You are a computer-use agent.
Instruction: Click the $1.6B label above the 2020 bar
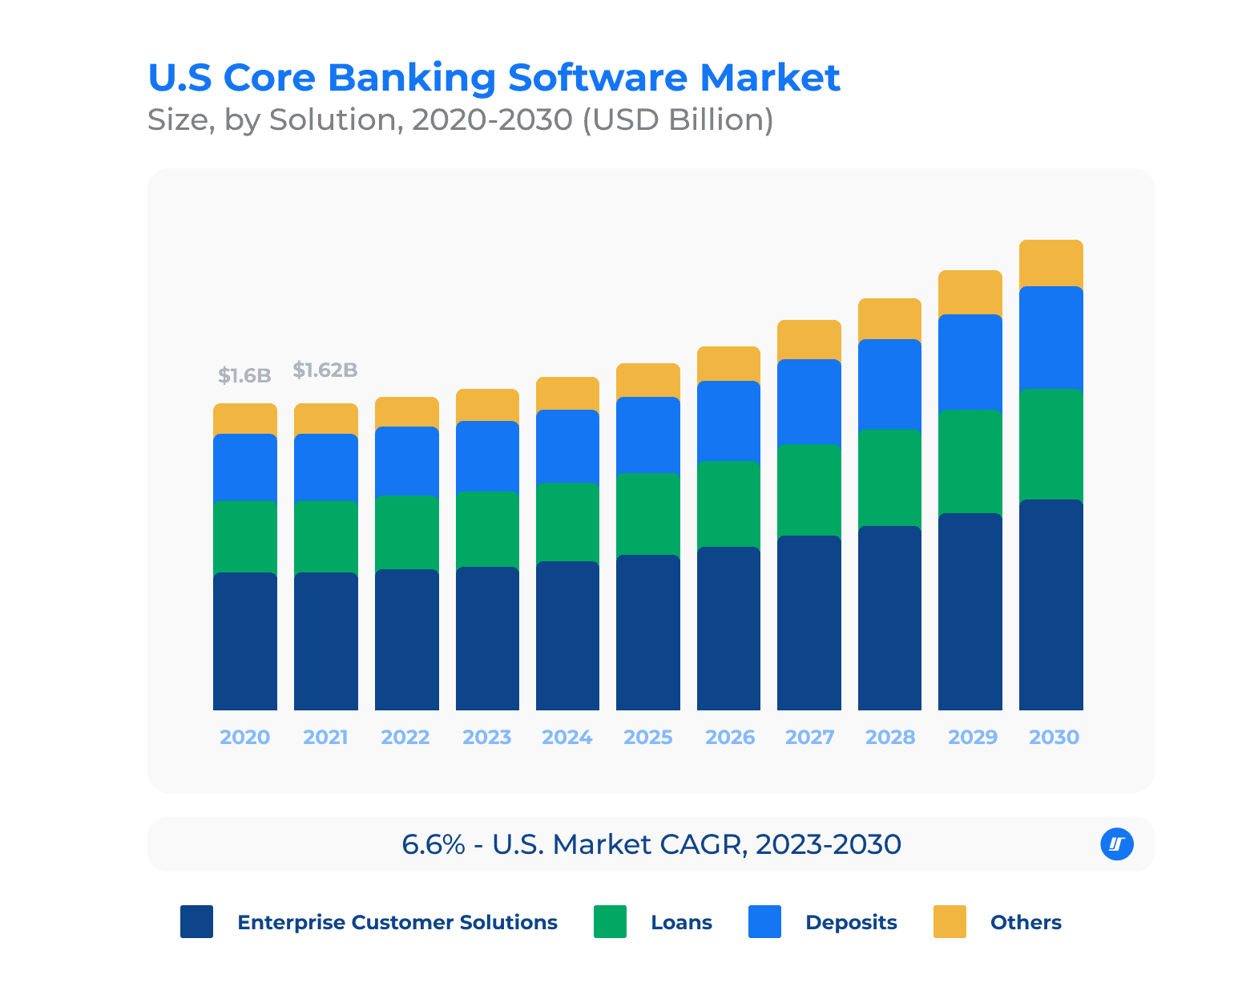click(x=244, y=375)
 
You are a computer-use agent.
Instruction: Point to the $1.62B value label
click(x=325, y=370)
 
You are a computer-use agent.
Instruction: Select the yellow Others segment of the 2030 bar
click(x=1050, y=263)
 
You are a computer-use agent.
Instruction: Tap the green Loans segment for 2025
click(x=647, y=514)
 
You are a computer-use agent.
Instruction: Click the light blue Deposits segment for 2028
click(x=889, y=384)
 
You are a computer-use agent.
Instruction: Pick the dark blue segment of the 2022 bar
click(x=406, y=640)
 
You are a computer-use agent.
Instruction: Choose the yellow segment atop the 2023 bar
click(x=487, y=405)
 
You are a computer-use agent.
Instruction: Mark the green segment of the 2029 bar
click(x=970, y=462)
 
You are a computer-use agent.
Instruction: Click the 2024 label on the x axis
click(x=567, y=737)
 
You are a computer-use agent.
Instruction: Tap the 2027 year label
click(x=809, y=737)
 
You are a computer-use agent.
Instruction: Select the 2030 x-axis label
click(x=1054, y=737)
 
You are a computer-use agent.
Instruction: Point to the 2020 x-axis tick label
click(x=244, y=737)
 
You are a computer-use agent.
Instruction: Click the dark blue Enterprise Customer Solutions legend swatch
click(x=196, y=921)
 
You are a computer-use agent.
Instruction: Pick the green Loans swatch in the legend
click(x=610, y=921)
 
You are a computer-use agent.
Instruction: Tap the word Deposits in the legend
click(x=851, y=922)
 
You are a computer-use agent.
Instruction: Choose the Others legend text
click(x=1026, y=922)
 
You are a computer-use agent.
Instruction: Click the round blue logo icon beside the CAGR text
click(x=1117, y=843)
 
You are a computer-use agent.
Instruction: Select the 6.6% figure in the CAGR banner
click(x=433, y=844)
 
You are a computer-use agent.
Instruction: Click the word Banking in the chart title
click(x=412, y=78)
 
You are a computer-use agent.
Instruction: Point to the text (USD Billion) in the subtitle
click(x=677, y=119)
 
